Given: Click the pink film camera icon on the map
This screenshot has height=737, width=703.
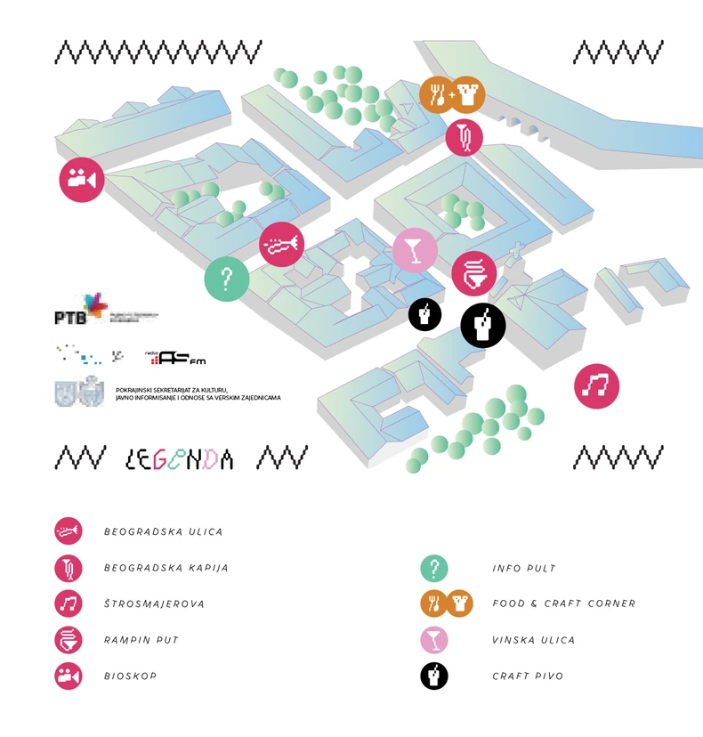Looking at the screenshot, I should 82,179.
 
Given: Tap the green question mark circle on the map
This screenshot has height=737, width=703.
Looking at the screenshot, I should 226,279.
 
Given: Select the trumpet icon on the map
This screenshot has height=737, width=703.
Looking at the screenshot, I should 282,244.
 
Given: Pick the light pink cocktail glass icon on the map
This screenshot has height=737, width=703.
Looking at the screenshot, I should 415,250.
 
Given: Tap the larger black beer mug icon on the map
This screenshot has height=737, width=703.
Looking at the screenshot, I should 483,325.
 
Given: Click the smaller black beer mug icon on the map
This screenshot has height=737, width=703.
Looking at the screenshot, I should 425,314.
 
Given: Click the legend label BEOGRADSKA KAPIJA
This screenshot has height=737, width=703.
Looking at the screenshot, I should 166,568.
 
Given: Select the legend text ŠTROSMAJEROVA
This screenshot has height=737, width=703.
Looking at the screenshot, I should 154,603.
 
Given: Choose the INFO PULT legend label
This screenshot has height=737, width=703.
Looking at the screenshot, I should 525,568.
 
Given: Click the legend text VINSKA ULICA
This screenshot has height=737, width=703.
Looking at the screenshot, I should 534,640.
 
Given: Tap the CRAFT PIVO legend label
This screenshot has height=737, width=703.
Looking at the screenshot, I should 528,676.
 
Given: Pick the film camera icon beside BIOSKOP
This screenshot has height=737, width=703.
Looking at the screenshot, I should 69,676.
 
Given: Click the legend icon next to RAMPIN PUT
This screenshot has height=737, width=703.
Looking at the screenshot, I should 69,640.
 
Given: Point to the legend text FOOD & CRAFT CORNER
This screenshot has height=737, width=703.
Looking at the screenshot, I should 564,603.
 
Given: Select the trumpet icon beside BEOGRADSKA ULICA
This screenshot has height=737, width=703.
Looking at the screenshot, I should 69,531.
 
